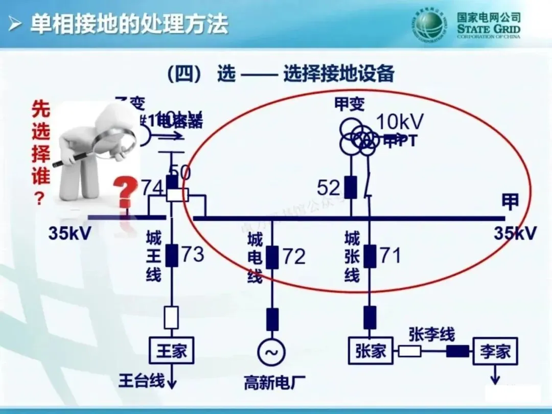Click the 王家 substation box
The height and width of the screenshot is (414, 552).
(x=172, y=351)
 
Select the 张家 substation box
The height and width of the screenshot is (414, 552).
(x=371, y=351)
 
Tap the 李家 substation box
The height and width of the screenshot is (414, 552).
(x=495, y=352)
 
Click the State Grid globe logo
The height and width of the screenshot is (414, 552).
(x=428, y=26)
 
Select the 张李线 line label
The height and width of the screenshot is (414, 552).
(x=431, y=334)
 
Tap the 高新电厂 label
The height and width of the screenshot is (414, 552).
(x=271, y=382)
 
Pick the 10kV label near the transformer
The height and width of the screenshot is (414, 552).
(x=400, y=122)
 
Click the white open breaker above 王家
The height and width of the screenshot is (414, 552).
(x=171, y=317)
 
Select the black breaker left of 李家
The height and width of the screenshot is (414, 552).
(x=457, y=351)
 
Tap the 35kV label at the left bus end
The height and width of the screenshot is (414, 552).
(x=70, y=233)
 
